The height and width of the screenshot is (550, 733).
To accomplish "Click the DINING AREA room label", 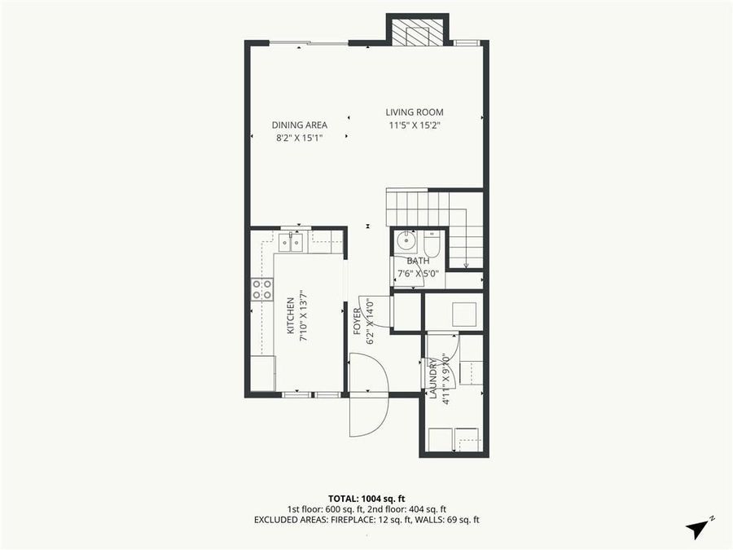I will pyautogui.click(x=300, y=125).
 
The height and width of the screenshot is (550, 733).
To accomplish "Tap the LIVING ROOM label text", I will pyautogui.click(x=415, y=112).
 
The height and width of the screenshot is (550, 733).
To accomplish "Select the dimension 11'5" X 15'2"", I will pyautogui.click(x=415, y=125).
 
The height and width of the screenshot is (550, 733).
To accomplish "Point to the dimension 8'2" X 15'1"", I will pyautogui.click(x=300, y=138).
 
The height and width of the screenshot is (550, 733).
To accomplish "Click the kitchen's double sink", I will pyautogui.click(x=289, y=241).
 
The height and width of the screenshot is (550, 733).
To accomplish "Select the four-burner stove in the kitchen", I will pyautogui.click(x=262, y=288).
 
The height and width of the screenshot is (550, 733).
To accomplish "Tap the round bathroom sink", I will pyautogui.click(x=405, y=242).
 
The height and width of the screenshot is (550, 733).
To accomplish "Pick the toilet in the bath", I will pyautogui.click(x=432, y=242).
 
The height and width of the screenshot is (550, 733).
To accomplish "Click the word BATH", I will pyautogui.click(x=418, y=261).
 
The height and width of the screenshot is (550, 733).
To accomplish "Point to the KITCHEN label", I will pyautogui.click(x=289, y=317).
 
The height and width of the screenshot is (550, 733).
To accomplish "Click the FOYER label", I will pyautogui.click(x=357, y=323).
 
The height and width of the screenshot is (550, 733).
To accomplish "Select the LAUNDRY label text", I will pyautogui.click(x=432, y=377).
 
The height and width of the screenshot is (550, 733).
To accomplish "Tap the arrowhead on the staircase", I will pyautogui.click(x=465, y=264).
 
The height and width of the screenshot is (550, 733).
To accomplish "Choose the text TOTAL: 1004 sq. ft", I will pyautogui.click(x=366, y=497).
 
